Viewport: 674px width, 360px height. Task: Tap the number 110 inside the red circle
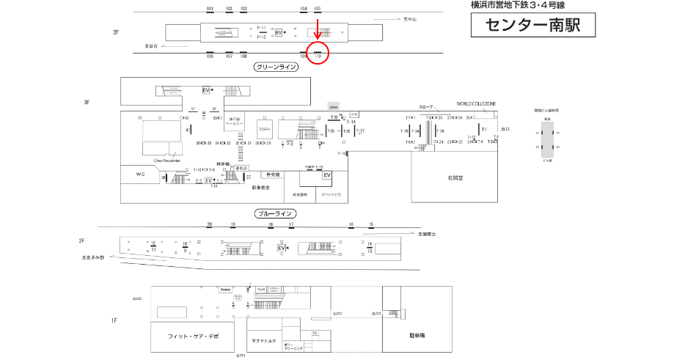[318, 55]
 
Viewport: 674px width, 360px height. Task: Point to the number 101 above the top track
[210, 9]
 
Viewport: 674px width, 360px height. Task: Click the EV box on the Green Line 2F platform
[279, 33]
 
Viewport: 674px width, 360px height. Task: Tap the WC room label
[141, 175]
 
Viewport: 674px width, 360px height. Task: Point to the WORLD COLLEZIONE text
[476, 104]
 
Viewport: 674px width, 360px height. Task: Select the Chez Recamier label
[166, 160]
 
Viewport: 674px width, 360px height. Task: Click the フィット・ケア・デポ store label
[193, 335]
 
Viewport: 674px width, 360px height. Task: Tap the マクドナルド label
[264, 340]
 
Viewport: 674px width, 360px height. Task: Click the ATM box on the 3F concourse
[355, 114]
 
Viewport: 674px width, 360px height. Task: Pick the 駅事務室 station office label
[261, 188]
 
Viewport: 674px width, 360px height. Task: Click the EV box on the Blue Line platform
[281, 249]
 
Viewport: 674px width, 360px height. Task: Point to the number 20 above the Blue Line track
[210, 224]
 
